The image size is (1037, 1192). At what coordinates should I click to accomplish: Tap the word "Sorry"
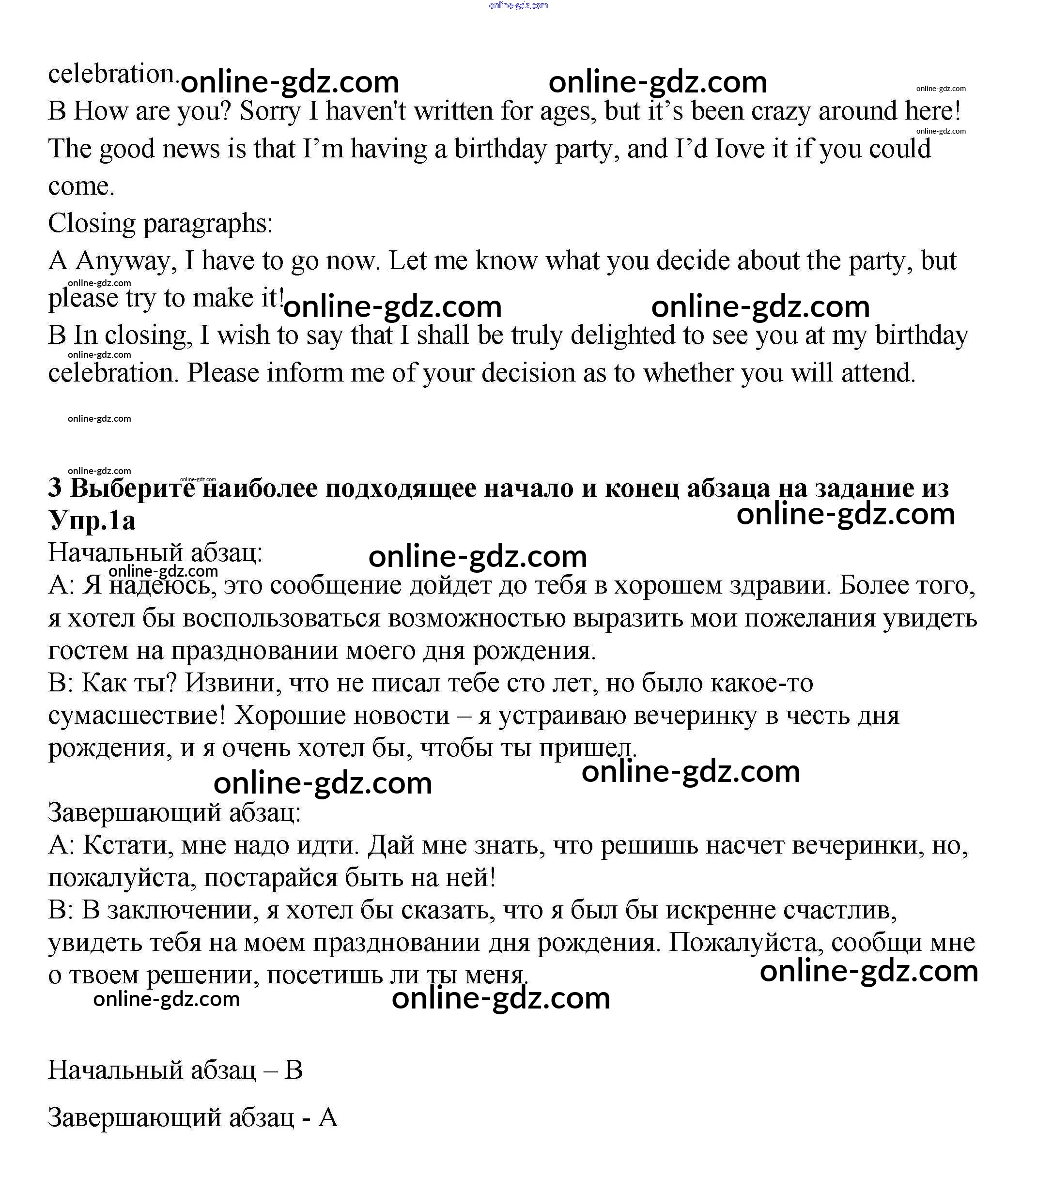[x=270, y=112]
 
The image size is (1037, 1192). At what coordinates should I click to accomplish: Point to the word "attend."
[x=879, y=373]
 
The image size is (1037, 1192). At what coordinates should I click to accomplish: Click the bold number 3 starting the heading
[x=55, y=489]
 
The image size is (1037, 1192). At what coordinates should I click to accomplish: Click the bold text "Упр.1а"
[x=92, y=521]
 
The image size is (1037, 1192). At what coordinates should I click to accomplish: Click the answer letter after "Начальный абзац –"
[x=294, y=1070]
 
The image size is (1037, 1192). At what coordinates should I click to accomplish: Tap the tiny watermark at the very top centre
[x=518, y=6]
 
